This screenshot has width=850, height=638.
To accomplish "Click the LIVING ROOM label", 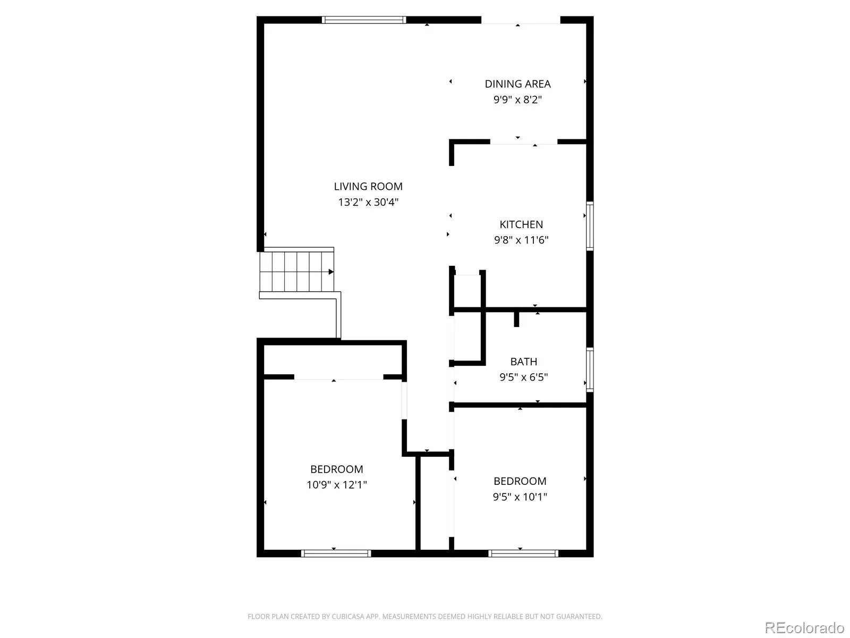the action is tap(368, 186).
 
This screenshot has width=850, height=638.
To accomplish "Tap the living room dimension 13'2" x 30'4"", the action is tap(368, 202).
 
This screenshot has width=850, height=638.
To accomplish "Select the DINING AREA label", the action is tap(517, 83).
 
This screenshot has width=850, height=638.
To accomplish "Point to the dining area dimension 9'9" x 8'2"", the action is tap(517, 99).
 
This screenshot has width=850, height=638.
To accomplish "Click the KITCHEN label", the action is tap(521, 224).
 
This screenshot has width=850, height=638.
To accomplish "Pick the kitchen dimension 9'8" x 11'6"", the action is tap(521, 240).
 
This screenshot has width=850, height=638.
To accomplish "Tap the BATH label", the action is tap(524, 362).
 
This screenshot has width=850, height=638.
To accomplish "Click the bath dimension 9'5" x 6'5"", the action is tap(524, 377).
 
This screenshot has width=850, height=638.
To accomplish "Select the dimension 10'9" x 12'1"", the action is tap(336, 484).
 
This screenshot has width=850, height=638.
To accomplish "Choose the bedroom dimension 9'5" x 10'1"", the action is tap(520, 497).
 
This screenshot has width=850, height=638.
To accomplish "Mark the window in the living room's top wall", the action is tap(363, 20).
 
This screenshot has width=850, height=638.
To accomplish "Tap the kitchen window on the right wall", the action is tap(589, 226).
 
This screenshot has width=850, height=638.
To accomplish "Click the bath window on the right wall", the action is tap(589, 370).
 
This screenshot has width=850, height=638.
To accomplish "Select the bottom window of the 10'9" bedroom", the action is tap(336, 553).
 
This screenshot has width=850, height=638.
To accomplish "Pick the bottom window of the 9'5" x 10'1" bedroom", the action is tap(523, 553).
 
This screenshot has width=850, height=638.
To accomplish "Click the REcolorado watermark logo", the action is tap(804, 627).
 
